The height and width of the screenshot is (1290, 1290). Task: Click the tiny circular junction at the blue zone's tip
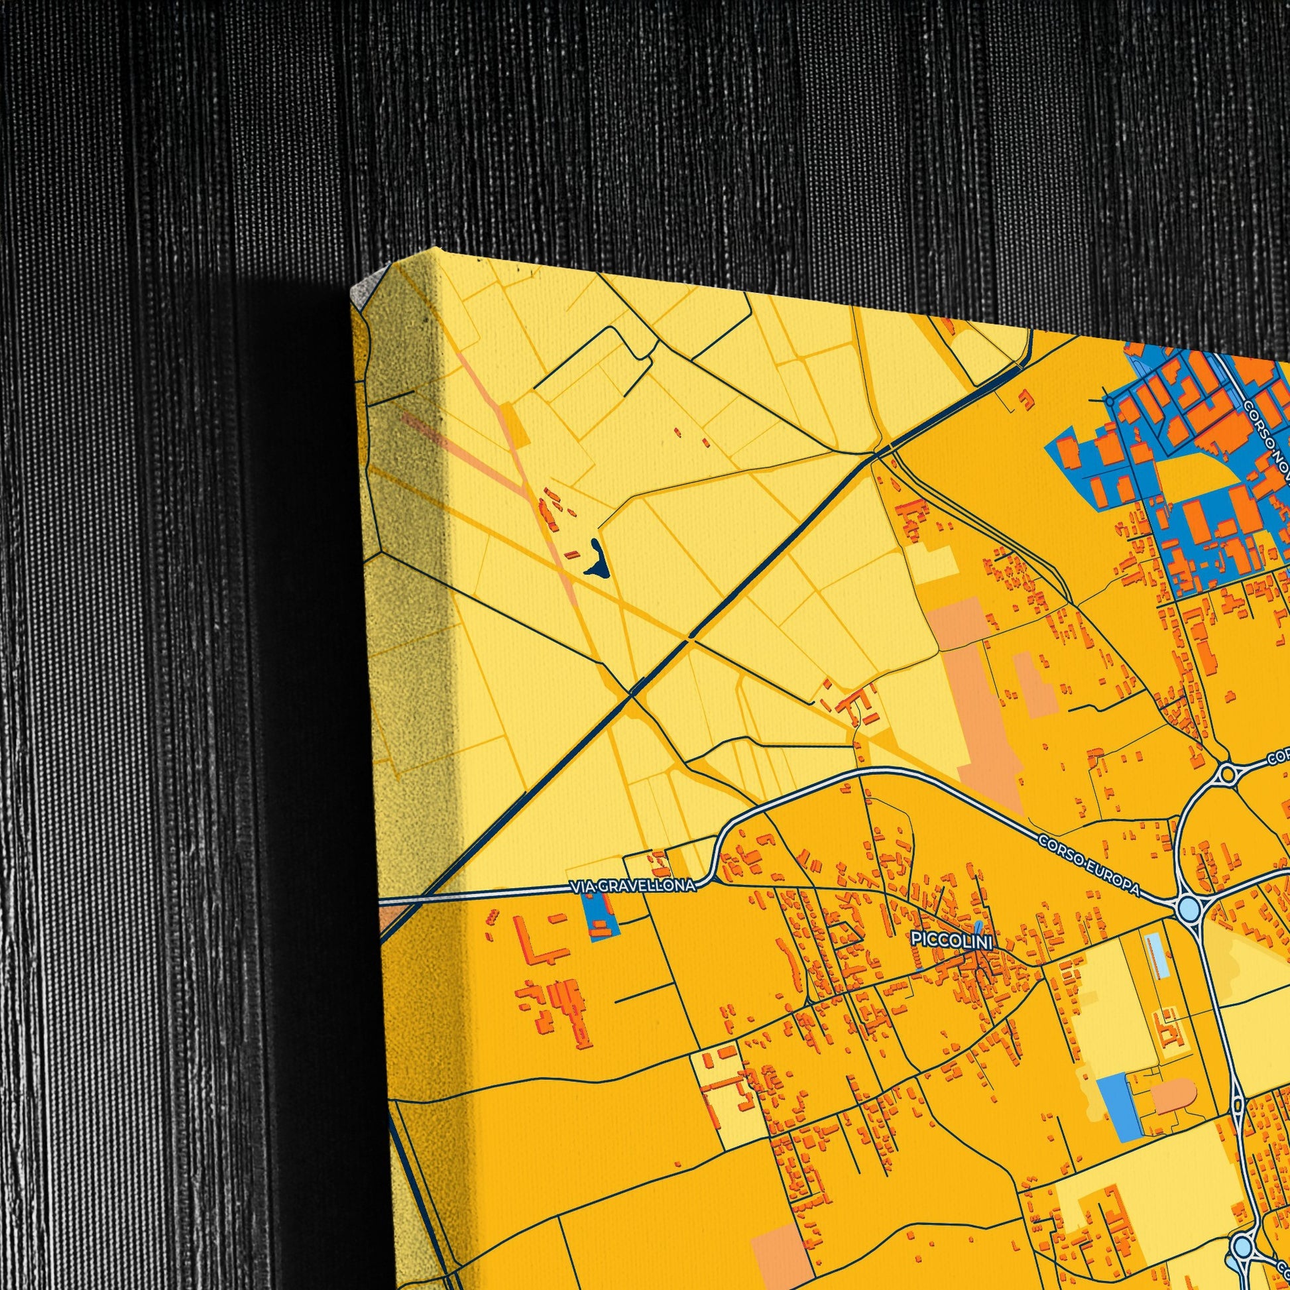point(1109,401)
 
